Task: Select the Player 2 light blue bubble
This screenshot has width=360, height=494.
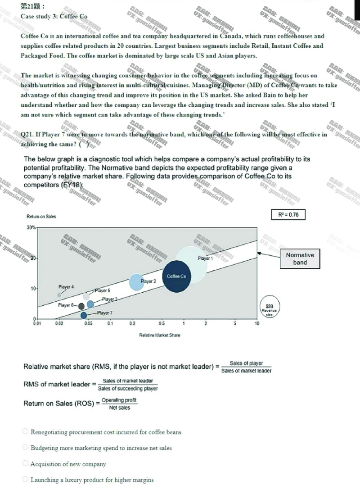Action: pyautogui.click(x=137, y=282)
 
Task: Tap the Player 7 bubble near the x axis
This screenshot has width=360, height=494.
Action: pyautogui.click(x=84, y=315)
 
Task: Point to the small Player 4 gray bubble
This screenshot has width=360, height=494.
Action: pyautogui.click(x=59, y=295)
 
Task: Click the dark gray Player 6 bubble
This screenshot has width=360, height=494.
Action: pyautogui.click(x=81, y=306)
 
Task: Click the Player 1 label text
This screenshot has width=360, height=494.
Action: pyautogui.click(x=205, y=258)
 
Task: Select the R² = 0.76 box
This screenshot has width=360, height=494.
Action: pyautogui.click(x=288, y=215)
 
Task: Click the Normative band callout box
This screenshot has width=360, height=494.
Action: pyautogui.click(x=300, y=259)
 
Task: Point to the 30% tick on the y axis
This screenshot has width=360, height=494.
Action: pyautogui.click(x=31, y=227)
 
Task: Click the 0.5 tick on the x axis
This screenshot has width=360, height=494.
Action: pyautogui.click(x=162, y=323)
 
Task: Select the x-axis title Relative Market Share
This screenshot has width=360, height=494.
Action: pyautogui.click(x=160, y=335)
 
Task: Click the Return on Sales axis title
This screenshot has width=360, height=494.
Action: pyautogui.click(x=42, y=217)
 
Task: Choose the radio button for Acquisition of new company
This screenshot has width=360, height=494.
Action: pyautogui.click(x=26, y=464)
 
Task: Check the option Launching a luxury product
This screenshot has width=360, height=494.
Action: pyautogui.click(x=26, y=480)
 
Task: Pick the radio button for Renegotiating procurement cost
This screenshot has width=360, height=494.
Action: pyautogui.click(x=26, y=432)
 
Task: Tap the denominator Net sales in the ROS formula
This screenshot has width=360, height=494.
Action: pyautogui.click(x=119, y=408)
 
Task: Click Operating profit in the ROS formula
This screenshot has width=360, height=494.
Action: pyautogui.click(x=119, y=400)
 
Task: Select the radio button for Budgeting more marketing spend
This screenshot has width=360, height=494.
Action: pyautogui.click(x=26, y=448)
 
